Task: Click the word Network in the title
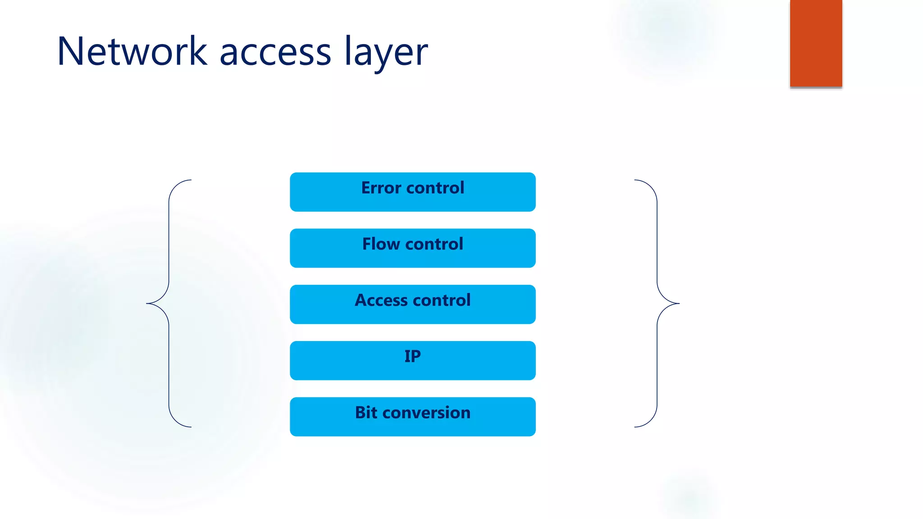click(132, 51)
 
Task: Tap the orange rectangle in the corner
click(816, 43)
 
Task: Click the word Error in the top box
click(381, 188)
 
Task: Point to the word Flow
click(381, 244)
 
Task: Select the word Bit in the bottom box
click(366, 413)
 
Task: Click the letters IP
click(412, 356)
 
